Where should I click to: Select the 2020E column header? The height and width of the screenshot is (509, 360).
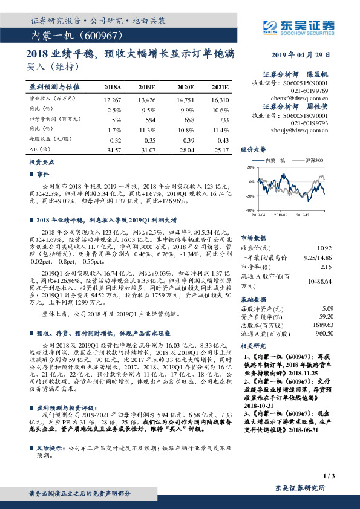185,87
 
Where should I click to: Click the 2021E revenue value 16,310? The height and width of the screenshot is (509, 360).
220,99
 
